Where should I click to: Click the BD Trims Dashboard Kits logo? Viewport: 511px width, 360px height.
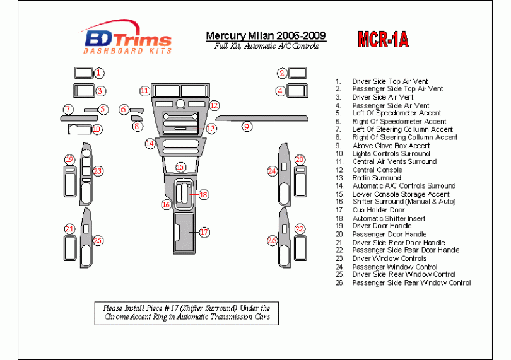[127, 40]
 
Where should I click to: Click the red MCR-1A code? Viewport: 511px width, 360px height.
[383, 40]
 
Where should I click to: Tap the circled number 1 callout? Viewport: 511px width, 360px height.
[100, 73]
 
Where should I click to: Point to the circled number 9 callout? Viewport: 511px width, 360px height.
[247, 126]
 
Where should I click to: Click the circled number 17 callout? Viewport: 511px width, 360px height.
[204, 233]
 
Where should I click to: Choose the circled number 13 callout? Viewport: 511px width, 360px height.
[211, 129]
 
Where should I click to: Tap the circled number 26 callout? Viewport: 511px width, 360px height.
[272, 240]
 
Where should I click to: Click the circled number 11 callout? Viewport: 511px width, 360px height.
[144, 91]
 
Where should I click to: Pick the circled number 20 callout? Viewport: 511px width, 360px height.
[300, 160]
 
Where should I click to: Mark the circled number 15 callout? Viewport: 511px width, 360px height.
[180, 167]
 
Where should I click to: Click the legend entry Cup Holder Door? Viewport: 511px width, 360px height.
[379, 210]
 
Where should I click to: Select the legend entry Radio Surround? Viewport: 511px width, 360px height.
[377, 178]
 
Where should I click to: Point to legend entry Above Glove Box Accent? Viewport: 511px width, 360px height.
[391, 146]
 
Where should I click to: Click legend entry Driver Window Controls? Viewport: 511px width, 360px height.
[389, 258]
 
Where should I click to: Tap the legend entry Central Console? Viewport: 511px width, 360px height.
[377, 170]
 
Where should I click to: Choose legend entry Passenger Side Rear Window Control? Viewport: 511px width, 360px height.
[411, 283]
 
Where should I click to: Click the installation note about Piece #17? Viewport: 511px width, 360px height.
[187, 313]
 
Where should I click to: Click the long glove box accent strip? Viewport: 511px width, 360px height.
[262, 118]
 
